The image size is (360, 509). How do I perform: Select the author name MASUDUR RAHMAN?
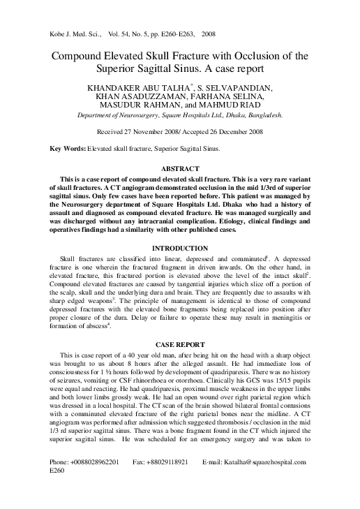153,110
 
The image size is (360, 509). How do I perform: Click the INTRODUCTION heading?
180,249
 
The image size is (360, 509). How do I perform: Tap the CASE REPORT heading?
180,344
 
